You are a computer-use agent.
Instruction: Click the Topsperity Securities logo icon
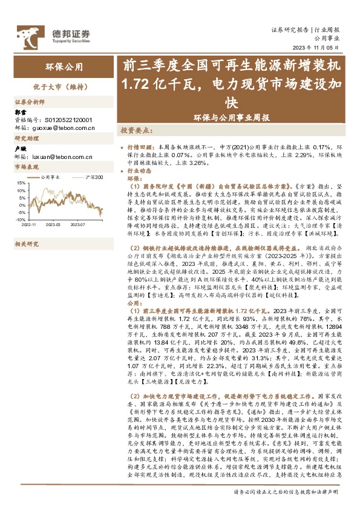pyautogui.click(x=25, y=33)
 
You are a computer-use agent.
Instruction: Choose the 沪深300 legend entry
pyautogui.click(x=90, y=178)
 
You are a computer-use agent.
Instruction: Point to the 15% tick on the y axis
pyautogui.click(x=20, y=182)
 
